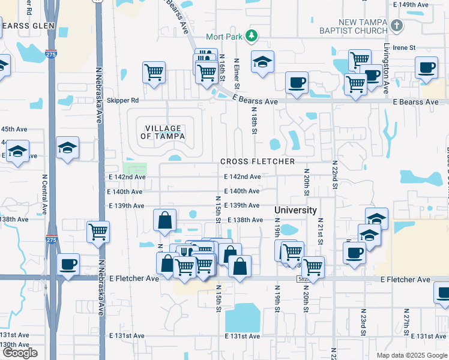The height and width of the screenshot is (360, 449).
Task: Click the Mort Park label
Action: pyautogui.click(x=224, y=37)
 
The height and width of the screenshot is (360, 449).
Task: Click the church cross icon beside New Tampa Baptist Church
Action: pyautogui.click(x=396, y=26)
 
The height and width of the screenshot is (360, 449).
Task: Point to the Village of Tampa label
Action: pyautogui.click(x=163, y=132)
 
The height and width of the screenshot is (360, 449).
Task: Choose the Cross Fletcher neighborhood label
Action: pyautogui.click(x=257, y=162)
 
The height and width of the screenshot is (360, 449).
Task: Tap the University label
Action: pyautogui.click(x=295, y=211)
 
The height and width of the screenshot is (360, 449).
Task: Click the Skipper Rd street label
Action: pyautogui.click(x=122, y=100)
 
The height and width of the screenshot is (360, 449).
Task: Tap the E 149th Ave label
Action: pyautogui.click(x=414, y=4)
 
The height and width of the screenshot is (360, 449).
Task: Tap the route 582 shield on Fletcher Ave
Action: pyautogui.click(x=304, y=279)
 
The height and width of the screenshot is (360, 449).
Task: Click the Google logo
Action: pyautogui.click(x=20, y=353)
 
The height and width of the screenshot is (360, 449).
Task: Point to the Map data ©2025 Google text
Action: pyautogui.click(x=412, y=355)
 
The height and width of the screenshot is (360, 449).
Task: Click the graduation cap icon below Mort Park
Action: pyautogui.click(x=262, y=63)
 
